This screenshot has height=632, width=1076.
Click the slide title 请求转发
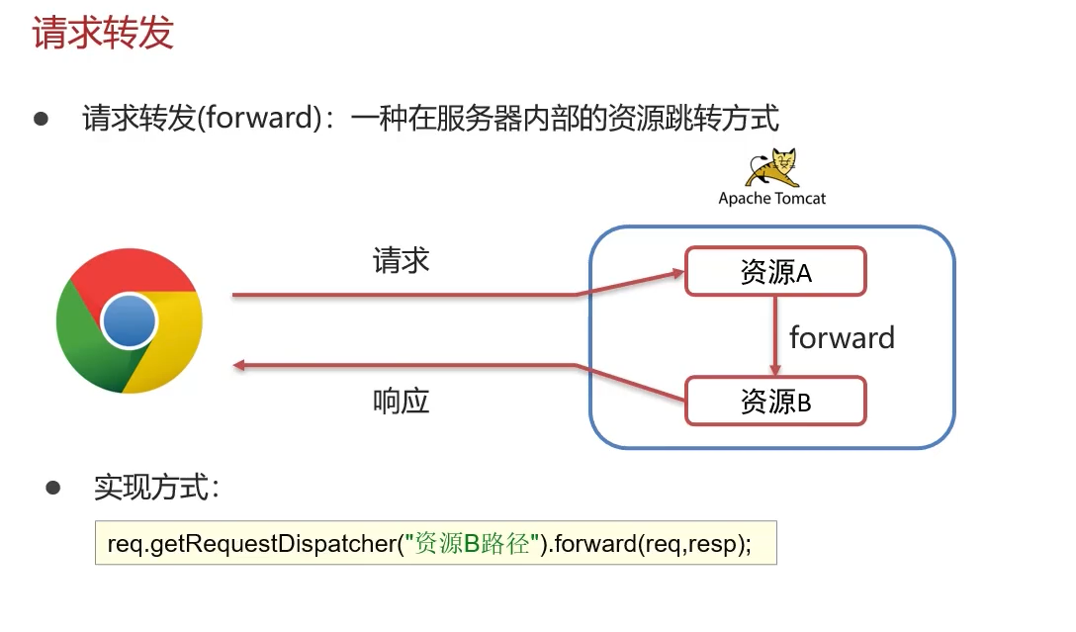(103, 34)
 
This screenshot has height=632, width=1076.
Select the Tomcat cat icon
(771, 167)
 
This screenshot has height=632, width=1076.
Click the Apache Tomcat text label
(771, 198)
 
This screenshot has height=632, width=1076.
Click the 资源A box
(775, 271)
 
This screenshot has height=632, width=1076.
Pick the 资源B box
(775, 402)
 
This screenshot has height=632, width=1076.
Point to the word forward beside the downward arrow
(842, 338)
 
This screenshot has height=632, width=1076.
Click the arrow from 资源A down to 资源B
(775, 336)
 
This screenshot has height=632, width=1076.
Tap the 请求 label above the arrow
(402, 260)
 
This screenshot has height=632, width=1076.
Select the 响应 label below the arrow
(402, 402)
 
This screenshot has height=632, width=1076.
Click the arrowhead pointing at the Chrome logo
(239, 367)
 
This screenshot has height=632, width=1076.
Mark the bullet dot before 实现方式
(53, 487)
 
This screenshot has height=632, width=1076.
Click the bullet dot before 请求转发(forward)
(42, 119)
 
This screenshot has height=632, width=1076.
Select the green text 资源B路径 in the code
(474, 543)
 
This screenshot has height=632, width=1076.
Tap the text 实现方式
(156, 487)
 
